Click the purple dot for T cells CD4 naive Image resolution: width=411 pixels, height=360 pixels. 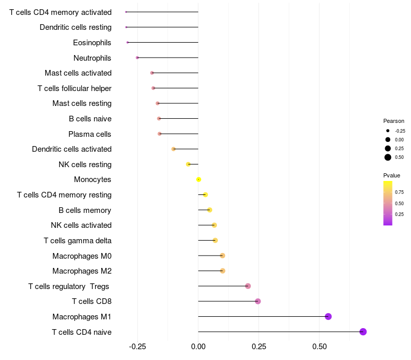(363, 332)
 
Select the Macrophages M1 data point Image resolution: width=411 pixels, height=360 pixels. (328, 316)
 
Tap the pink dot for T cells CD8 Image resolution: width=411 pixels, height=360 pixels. (258, 301)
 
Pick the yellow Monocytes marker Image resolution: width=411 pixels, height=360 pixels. (199, 179)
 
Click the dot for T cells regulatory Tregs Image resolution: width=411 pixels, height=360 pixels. (248, 286)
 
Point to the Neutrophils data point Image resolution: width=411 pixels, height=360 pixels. (137, 58)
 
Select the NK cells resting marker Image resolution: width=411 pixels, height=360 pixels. (188, 164)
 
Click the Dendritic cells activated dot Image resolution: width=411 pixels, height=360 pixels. (174, 149)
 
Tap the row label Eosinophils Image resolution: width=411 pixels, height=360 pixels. (92, 43)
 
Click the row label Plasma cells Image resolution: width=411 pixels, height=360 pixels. (90, 134)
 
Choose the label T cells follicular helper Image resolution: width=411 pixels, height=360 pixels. (74, 88)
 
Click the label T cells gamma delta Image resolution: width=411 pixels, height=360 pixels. (78, 241)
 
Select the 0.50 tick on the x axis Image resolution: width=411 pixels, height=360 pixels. (319, 347)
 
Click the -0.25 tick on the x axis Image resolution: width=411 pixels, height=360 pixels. (137, 347)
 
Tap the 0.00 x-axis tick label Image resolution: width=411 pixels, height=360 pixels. (198, 347)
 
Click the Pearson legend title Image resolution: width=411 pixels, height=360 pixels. (394, 121)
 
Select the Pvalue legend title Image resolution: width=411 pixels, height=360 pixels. (391, 175)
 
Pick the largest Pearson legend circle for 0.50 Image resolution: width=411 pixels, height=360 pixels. (388, 157)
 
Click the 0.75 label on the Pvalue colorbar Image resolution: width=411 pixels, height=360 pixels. (399, 192)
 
